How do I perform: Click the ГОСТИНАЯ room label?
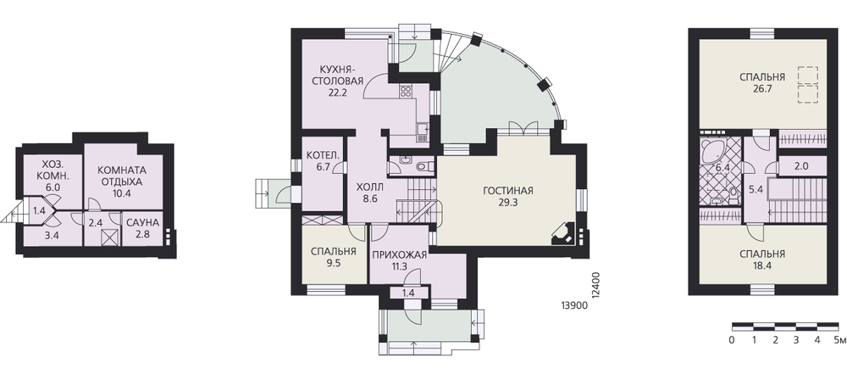pos(507,191)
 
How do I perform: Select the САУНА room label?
pos(142,222)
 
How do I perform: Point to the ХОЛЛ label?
pos(370,187)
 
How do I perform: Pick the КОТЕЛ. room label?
pos(323,155)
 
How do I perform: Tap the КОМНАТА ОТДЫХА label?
pos(122,176)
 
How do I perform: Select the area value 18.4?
pos(762,265)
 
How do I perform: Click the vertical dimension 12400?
pos(595,285)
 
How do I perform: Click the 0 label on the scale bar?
pos(732,340)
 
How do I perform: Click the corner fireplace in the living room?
pos(564,232)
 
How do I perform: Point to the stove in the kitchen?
pos(406,92)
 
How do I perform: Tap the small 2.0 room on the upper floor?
pos(801,166)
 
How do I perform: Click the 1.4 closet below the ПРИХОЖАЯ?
pos(408,293)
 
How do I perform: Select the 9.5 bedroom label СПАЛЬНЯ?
pos(334,251)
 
